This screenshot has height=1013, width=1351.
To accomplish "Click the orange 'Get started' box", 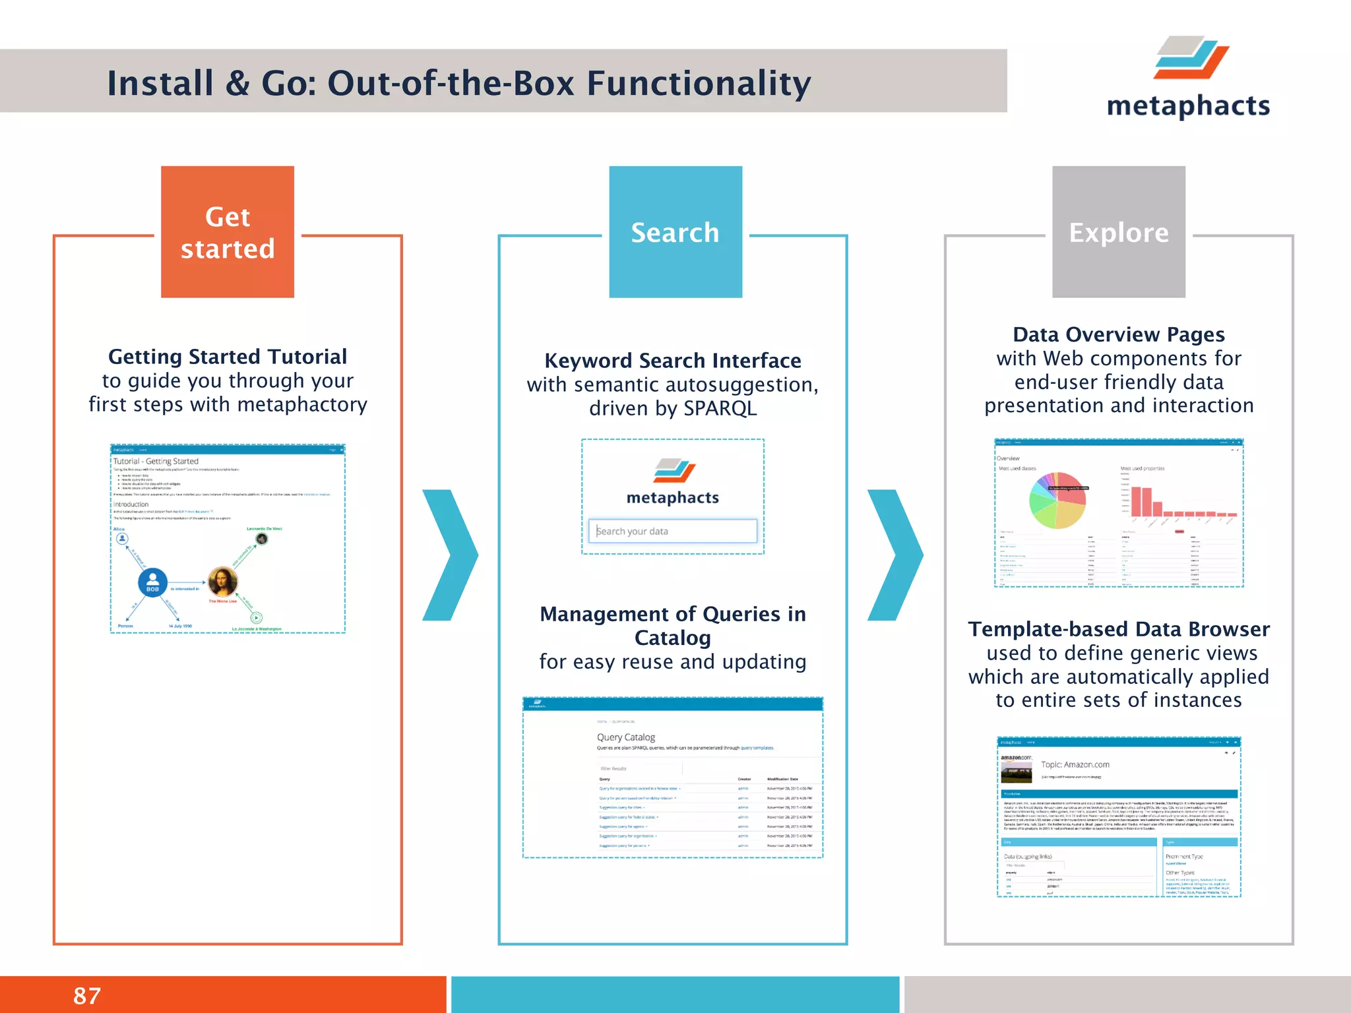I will pos(228,232).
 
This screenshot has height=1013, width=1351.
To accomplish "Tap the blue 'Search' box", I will pos(675,232).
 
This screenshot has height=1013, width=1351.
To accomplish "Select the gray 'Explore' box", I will pos(1118,232).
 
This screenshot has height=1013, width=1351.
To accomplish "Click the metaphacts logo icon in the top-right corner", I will pos(1191,58).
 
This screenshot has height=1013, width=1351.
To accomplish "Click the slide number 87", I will pos(87,996).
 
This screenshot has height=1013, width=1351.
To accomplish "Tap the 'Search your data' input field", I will pos(672,531).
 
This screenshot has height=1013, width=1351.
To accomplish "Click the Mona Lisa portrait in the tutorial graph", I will pos(222,582).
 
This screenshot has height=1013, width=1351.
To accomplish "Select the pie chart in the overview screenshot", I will pos(1057,501).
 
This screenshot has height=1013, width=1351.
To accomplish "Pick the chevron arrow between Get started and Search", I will pos(451,555).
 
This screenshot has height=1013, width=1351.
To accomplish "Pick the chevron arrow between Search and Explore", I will pos(895,555).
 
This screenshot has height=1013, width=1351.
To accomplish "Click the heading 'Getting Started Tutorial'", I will pos(228,357).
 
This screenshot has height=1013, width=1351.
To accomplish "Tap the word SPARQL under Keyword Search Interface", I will pos(720,408).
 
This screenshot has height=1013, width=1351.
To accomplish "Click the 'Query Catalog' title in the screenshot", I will pos(625,737).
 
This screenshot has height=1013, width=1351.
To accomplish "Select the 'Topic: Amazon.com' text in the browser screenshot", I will pos(1075,764).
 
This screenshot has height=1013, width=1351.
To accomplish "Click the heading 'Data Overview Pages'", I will pos(1118,334).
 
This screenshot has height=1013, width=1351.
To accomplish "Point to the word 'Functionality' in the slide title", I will pos(699,84).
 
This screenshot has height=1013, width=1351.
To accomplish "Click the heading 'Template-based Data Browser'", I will pos(1118,629).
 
